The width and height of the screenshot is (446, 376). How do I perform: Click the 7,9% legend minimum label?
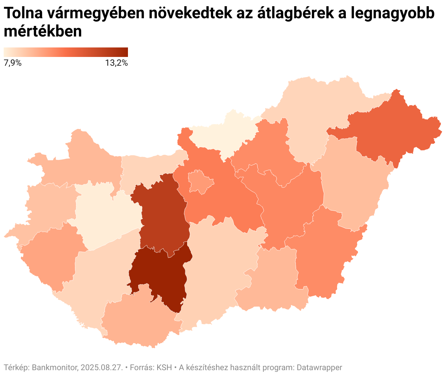pos(12,63)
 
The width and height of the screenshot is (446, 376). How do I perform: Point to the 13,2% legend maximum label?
pos(116,63)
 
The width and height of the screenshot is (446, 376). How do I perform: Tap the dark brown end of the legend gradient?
pos(124,52)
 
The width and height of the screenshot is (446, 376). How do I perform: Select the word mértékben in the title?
pos(43,32)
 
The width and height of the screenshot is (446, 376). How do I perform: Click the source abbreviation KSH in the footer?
pos(164,367)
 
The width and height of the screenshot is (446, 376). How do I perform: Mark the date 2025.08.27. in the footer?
pos(102,367)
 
